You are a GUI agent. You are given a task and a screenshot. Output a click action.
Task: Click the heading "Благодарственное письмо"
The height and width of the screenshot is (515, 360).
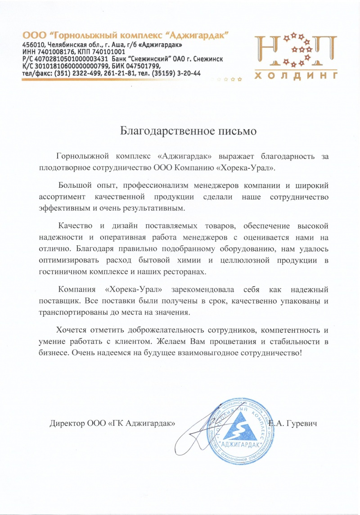click(189, 131)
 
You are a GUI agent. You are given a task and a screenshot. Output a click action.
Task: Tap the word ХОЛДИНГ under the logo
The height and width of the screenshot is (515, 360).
click(296, 76)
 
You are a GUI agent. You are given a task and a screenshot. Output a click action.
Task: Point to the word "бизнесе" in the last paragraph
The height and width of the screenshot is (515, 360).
click(53, 353)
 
